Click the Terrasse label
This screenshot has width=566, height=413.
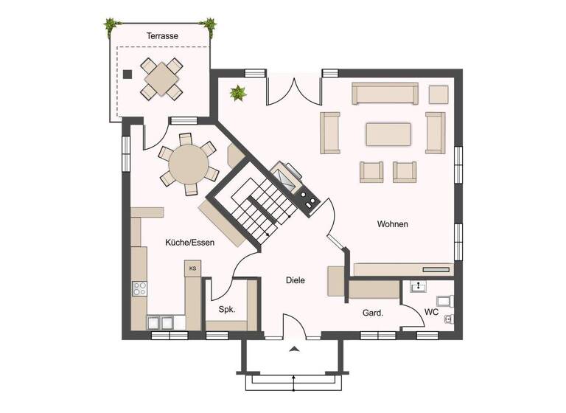[x=162, y=35]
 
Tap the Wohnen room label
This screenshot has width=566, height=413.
[x=392, y=224]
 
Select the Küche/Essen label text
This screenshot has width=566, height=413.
[x=189, y=242]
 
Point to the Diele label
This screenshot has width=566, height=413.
[x=296, y=280]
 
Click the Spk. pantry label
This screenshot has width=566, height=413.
[x=226, y=310]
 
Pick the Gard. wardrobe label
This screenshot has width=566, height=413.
[x=372, y=313]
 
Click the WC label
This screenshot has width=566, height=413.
[x=431, y=313]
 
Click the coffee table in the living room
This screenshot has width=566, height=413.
[x=388, y=134]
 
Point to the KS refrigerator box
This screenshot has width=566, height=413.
[x=192, y=268]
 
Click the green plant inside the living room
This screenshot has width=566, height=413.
[x=238, y=94]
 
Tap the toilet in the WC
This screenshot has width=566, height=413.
[x=445, y=300]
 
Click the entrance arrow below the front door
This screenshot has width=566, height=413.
[x=294, y=348]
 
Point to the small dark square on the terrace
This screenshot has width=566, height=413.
[x=127, y=74]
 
